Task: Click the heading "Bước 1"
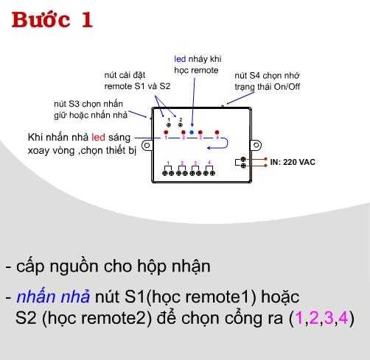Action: pyautogui.click(x=52, y=20)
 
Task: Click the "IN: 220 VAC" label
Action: pyautogui.click(x=293, y=161)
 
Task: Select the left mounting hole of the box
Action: pyautogui.click(x=147, y=146)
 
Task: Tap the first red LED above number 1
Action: pyautogui.click(x=167, y=133)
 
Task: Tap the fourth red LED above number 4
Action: pyautogui.click(x=217, y=133)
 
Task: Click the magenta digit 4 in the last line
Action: pyautogui.click(x=343, y=319)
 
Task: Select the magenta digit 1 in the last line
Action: pyautogui.click(x=299, y=319)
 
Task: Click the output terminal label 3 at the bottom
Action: pyautogui.click(x=195, y=162)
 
